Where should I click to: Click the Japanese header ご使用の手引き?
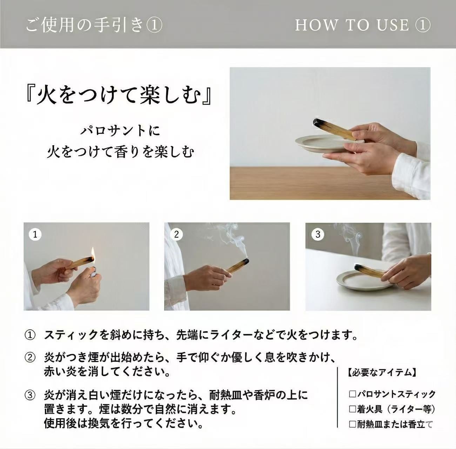[x=85, y=25]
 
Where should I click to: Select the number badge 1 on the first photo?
[x=35, y=234]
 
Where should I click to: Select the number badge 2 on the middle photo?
[x=176, y=234]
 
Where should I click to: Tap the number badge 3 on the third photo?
[x=317, y=234]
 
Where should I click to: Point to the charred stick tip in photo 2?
[x=245, y=262]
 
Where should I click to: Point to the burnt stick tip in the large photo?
[x=316, y=122]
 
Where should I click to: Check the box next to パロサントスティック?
[x=353, y=394]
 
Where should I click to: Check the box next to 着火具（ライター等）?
[x=353, y=409]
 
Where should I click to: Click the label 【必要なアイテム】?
[x=382, y=372]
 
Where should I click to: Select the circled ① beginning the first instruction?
[x=30, y=335]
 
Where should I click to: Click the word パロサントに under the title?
[x=120, y=131]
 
